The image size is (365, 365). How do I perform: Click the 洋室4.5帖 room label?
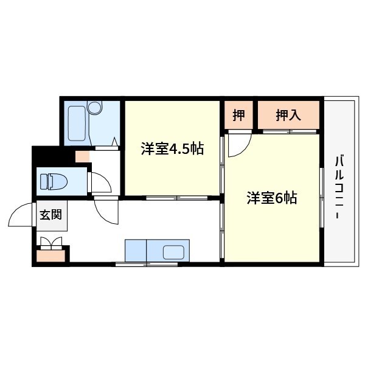coord(173,149)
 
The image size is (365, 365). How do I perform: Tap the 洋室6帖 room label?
coord(272,198)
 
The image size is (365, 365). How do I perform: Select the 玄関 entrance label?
coord(50,215)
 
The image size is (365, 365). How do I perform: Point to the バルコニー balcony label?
coord(339,187)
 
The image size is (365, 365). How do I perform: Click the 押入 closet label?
coord(288,115)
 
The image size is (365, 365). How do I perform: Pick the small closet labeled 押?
coord(239,115)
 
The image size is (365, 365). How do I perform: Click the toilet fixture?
coord(54,181)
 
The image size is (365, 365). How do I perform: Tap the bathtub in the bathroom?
coord(77,123)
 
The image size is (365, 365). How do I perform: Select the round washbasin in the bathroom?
coord(94,107)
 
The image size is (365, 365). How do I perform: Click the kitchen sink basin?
coord(173,252)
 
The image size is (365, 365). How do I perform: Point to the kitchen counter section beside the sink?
coord(136,251)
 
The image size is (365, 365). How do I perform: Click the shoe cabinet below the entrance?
coord(50,255)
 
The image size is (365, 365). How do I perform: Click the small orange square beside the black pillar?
coord(82,156)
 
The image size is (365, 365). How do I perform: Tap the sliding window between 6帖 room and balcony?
coord(322,198)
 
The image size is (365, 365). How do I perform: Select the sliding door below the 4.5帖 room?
coord(177,198)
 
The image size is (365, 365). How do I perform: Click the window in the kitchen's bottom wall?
coord(147,264)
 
